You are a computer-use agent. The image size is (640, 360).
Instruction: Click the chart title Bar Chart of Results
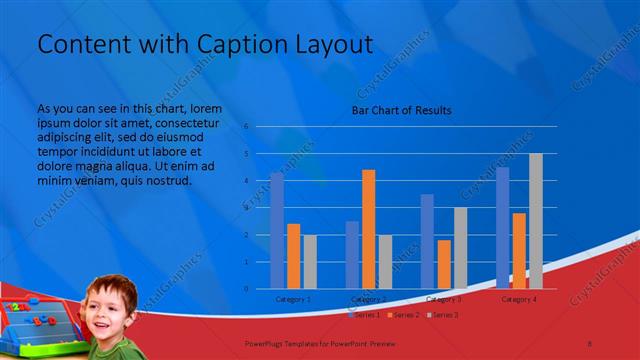point(401,110)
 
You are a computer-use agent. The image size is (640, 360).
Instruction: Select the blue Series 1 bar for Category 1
point(277,231)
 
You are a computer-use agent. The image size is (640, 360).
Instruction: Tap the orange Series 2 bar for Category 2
point(369,229)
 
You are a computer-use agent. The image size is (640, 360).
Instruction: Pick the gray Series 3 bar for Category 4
point(536,221)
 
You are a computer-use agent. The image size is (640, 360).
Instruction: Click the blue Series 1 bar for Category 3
point(427,241)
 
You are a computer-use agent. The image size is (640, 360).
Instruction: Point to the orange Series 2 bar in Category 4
point(519,251)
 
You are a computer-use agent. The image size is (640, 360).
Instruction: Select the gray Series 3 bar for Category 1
point(309,262)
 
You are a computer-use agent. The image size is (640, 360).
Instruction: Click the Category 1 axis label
point(293,299)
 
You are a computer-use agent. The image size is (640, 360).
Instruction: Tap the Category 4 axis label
point(519,299)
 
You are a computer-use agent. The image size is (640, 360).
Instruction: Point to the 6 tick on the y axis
point(246,127)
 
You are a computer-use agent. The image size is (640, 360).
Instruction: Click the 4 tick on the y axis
point(246,181)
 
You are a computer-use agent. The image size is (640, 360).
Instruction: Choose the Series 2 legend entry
point(403,315)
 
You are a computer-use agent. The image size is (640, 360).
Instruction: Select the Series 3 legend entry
point(443,315)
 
